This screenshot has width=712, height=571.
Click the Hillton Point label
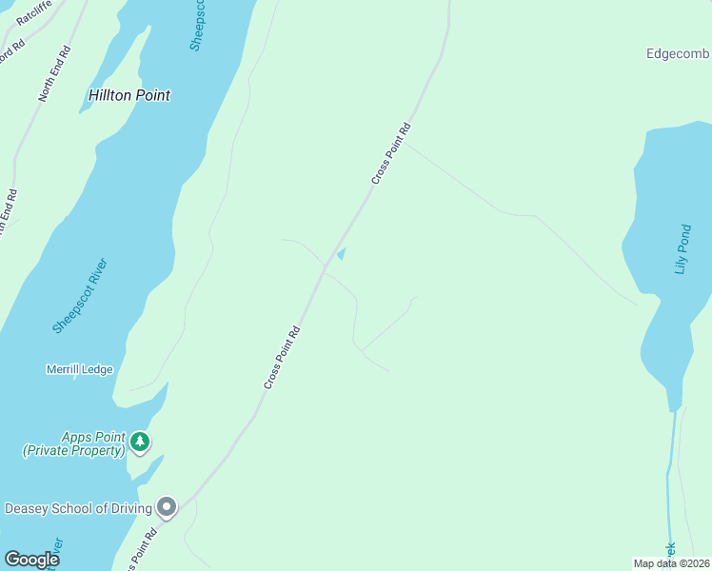tap(129, 95)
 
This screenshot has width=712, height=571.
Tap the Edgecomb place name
tap(679, 54)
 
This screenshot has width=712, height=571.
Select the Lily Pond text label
tap(681, 250)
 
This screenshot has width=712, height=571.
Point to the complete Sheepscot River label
tap(81, 295)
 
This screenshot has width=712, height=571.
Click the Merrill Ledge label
tap(79, 369)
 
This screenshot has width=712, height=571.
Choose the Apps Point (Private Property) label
tap(74, 443)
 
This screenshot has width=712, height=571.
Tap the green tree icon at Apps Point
tap(140, 441)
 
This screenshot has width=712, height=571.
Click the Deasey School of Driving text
tap(79, 508)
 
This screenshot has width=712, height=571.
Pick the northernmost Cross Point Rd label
tap(391, 153)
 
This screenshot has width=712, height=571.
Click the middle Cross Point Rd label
tap(283, 357)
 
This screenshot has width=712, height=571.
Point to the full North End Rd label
tap(55, 73)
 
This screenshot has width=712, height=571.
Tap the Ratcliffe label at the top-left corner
tap(34, 10)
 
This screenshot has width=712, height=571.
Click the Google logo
tap(31, 560)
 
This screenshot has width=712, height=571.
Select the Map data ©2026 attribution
tap(672, 563)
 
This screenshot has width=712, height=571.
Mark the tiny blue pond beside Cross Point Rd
tap(341, 253)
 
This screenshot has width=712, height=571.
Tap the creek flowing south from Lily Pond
tap(671, 476)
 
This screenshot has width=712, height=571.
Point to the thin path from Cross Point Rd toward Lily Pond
tap(524, 215)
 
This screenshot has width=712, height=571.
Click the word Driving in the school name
tap(129, 508)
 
